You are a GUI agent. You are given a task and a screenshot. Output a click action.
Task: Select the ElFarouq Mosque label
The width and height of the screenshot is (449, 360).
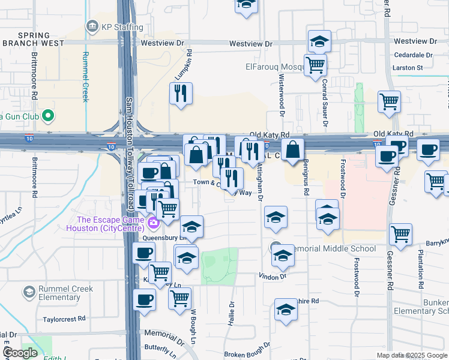[274, 67]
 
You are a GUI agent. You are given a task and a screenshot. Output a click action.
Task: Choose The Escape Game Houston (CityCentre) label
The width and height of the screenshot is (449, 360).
[110, 223]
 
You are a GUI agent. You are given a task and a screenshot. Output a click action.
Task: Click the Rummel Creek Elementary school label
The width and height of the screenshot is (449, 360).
[65, 293]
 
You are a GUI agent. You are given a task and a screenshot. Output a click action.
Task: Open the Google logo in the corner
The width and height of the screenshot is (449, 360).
[20, 353]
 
